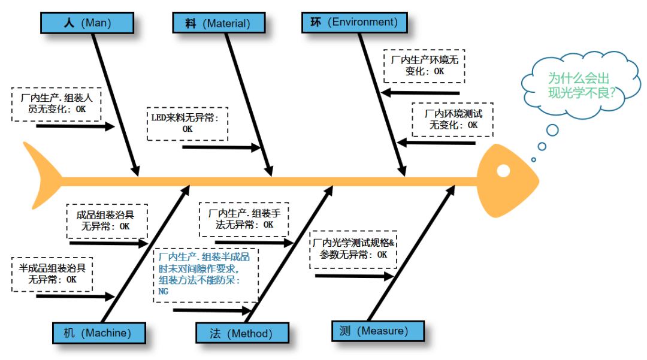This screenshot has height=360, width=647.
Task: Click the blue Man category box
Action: pyautogui.click(x=87, y=23)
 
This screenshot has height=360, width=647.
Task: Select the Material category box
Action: pyautogui.click(x=219, y=23)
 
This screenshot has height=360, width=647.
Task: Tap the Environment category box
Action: pyautogui.click(x=355, y=22)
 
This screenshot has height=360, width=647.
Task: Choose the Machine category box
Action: pyautogui.click(x=99, y=333)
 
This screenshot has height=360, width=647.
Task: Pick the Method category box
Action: pyautogui.click(x=242, y=333)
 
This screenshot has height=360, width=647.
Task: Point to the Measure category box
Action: pyautogui.click(x=378, y=331)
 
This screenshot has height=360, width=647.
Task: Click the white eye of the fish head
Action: pyautogui.click(x=503, y=171)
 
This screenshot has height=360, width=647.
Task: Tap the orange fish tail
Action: pyautogui.click(x=43, y=176)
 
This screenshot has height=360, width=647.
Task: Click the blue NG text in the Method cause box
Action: pyautogui.click(x=164, y=291)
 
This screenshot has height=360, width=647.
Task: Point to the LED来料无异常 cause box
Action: pyautogui.click(x=188, y=124)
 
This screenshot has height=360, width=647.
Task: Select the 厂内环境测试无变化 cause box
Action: pyautogui.click(x=453, y=120)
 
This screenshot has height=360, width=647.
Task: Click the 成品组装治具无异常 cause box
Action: pyautogui.click(x=107, y=221)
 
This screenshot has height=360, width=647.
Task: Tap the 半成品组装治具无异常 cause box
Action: pyautogui.click(x=52, y=274)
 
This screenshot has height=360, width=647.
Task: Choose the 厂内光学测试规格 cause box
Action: pyautogui.click(x=353, y=250)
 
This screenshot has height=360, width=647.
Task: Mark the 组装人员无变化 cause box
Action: pyautogui.click(x=56, y=104)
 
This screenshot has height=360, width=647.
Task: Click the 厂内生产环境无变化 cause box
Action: pyautogui.click(x=424, y=66)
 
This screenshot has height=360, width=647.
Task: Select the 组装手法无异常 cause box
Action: pyautogui.click(x=244, y=219)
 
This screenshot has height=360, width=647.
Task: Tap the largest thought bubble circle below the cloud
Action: pyautogui.click(x=552, y=131)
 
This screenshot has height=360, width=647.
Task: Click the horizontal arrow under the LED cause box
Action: pyautogui.click(x=221, y=147)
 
